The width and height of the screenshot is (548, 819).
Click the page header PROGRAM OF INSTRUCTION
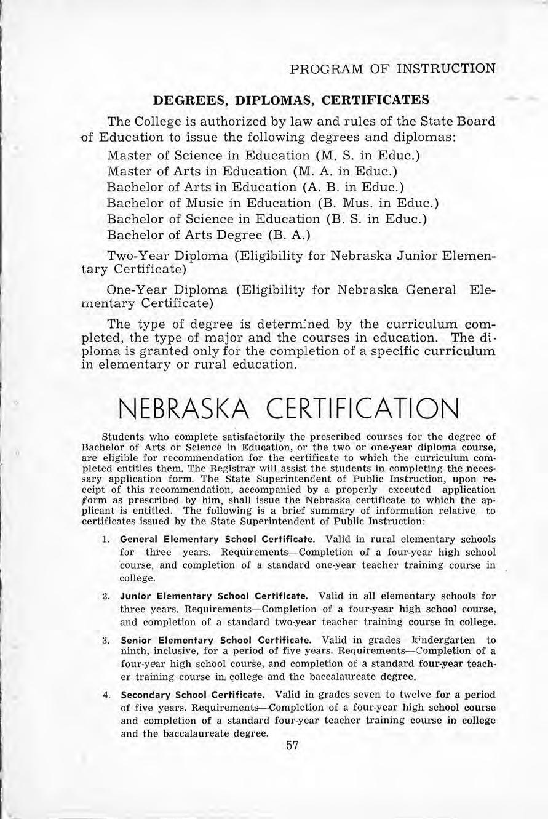[392, 68]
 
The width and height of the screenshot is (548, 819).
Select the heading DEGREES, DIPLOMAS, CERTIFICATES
[291, 100]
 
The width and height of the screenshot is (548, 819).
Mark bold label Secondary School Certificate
[193, 695]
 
